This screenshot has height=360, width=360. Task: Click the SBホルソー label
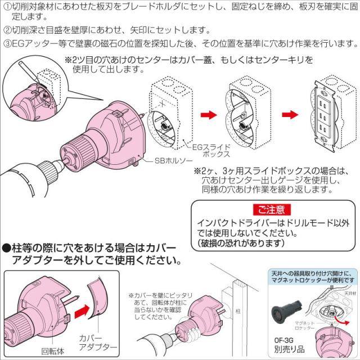click(x=172, y=160)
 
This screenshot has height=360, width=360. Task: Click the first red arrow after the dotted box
click(x=209, y=114)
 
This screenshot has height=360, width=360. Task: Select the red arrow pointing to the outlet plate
click(x=290, y=114)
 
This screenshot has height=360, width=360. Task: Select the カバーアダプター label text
click(x=97, y=342)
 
